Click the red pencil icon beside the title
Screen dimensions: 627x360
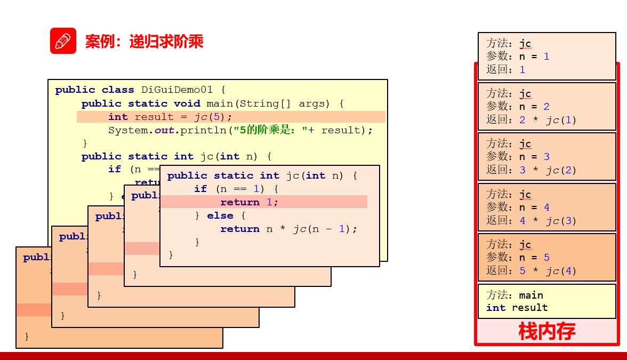pyautogui.click(x=63, y=41)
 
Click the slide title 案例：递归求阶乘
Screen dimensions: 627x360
pyautogui.click(x=144, y=42)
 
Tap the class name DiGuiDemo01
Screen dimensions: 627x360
pyautogui.click(x=176, y=90)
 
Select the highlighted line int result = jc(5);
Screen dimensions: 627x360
pyautogui.click(x=170, y=117)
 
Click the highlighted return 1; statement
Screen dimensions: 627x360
pyautogui.click(x=249, y=202)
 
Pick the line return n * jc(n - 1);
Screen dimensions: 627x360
pyautogui.click(x=288, y=229)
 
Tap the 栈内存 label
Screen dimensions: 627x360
pyautogui.click(x=546, y=331)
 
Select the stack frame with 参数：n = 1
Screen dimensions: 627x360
pyautogui.click(x=546, y=56)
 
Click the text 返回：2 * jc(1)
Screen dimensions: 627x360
pyautogui.click(x=532, y=119)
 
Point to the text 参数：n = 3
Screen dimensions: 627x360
pyautogui.click(x=518, y=156)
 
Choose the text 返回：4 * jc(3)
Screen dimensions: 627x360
pyautogui.click(x=532, y=220)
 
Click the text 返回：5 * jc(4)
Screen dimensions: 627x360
pyautogui.click(x=532, y=270)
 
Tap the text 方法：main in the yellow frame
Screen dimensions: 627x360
pyautogui.click(x=515, y=295)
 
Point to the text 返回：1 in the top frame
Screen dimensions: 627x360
pyautogui.click(x=505, y=69)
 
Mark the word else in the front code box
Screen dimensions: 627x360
pyautogui.click(x=220, y=215)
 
